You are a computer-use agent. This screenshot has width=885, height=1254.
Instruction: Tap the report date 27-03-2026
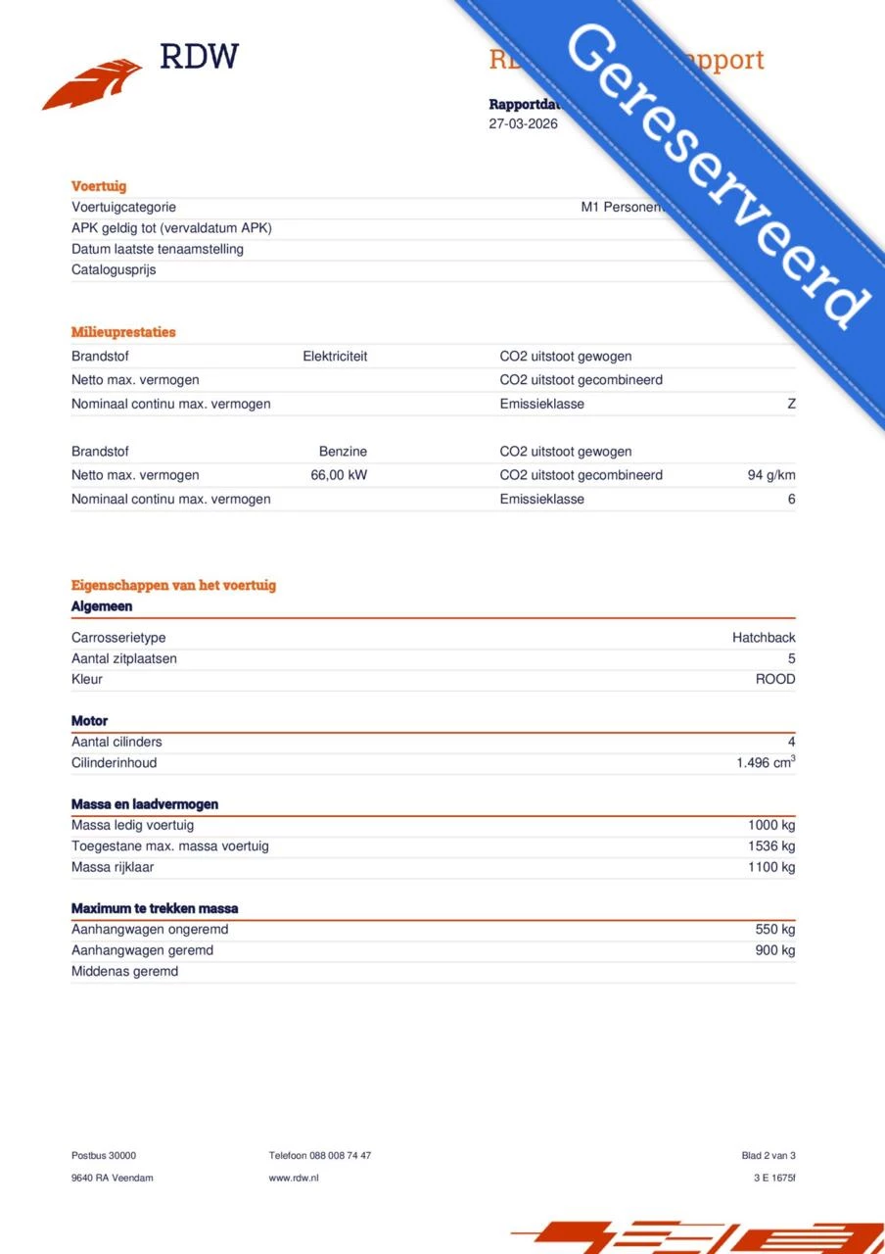(523, 124)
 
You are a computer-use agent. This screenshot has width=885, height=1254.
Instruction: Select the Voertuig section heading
(99, 186)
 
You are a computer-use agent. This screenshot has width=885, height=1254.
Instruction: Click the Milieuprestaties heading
(123, 332)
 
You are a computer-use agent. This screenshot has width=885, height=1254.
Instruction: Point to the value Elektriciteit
(335, 357)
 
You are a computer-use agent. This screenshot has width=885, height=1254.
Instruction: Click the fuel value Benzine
(343, 452)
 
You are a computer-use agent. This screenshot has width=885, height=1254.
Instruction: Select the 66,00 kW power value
(339, 475)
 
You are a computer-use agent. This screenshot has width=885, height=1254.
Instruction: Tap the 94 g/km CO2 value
(771, 475)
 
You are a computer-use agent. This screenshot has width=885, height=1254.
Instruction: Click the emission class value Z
(791, 404)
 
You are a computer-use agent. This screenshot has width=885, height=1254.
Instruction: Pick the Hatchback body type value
(764, 638)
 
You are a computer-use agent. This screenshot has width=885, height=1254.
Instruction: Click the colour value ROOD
(775, 679)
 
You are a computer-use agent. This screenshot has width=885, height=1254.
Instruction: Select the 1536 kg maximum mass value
(771, 845)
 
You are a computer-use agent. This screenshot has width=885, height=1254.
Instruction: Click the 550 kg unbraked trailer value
(774, 930)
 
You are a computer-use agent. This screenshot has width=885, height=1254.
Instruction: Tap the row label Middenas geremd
(124, 972)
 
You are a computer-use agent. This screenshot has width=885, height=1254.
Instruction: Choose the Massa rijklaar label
(113, 867)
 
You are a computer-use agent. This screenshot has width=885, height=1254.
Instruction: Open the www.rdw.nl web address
(294, 1178)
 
